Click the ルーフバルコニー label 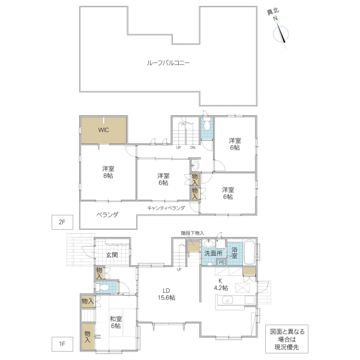pos(168,62)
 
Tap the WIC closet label pos(103,130)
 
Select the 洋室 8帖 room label pos(108,172)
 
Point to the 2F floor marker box pos(62,222)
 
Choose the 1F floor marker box pos(62,344)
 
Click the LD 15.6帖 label pos(166,294)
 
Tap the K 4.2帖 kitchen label pos(221,284)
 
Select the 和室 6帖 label pos(116,322)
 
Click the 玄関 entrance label pos(112,255)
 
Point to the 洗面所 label pos(213,253)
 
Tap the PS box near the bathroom pos(221,262)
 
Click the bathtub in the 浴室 pos(249,252)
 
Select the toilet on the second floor pos(207,125)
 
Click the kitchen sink pos(227,300)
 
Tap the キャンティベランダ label pos(166,208)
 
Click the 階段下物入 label pos(193,233)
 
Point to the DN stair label pos(193,148)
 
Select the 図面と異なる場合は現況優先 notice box pos(287,339)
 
